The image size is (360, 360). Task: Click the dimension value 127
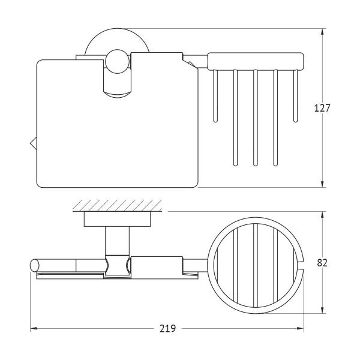click(x=322, y=108)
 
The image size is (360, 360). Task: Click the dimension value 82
click(x=322, y=263)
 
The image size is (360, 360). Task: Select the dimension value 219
click(x=167, y=329)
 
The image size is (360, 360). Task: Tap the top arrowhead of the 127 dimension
click(x=323, y=32)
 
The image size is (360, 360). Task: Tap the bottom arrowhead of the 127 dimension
click(x=323, y=184)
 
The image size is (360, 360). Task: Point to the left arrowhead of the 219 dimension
click(x=34, y=329)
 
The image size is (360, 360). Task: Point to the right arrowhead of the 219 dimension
click(x=300, y=329)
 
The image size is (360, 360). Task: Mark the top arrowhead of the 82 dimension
click(x=323, y=215)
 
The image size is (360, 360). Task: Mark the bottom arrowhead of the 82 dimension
click(x=323, y=310)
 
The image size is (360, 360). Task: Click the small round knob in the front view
click(x=118, y=62)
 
